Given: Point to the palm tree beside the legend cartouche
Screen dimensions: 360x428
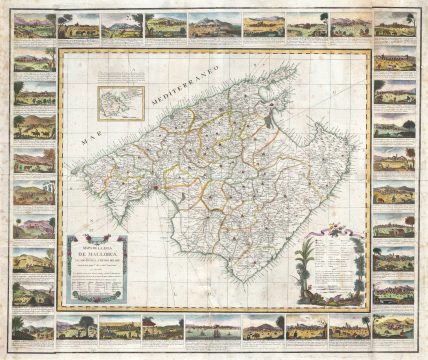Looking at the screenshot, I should pos(299,265).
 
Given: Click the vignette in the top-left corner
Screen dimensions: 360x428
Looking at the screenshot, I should pos(26,26).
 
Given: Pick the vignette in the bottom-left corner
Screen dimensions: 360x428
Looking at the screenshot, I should pos(26,327).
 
